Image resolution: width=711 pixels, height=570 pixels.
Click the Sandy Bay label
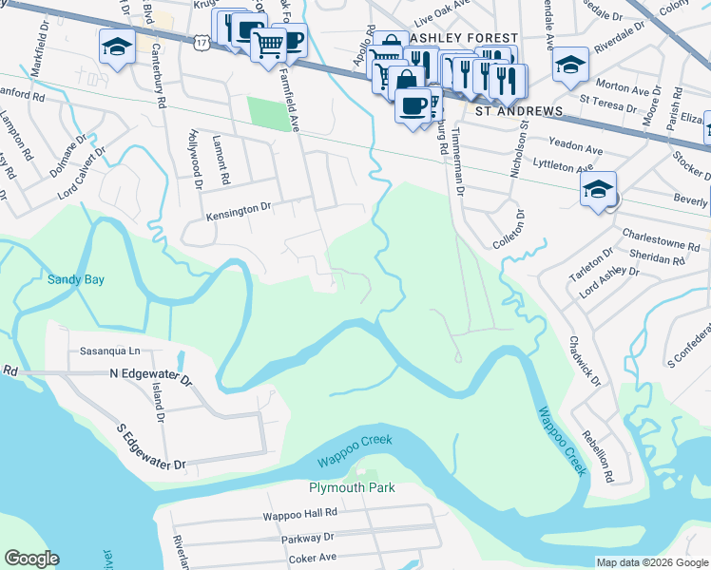tap(76, 280)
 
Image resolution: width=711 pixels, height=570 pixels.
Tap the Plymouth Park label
tap(352, 487)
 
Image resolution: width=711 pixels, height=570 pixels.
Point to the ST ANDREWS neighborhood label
tap(520, 111)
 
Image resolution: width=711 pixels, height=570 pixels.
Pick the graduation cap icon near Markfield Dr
tap(117, 45)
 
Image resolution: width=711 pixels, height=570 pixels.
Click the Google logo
tap(31, 559)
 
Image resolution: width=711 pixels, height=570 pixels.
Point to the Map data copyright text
tap(651, 562)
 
